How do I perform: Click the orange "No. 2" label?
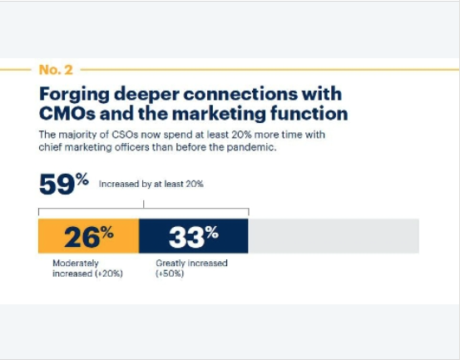tap(56, 70)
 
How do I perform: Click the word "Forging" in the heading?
tap(74, 95)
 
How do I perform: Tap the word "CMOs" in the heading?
tap(67, 113)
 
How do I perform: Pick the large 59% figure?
tap(64, 184)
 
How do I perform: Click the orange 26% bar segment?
tap(89, 236)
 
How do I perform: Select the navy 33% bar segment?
tap(194, 236)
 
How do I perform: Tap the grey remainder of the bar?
tap(334, 236)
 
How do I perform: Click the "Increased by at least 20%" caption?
tap(151, 184)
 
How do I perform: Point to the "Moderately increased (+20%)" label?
tap(87, 269)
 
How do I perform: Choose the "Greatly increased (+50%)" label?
tap(191, 269)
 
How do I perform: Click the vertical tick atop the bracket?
tap(143, 204)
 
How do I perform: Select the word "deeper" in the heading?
tap(146, 95)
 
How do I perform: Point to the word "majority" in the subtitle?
tap(77, 136)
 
